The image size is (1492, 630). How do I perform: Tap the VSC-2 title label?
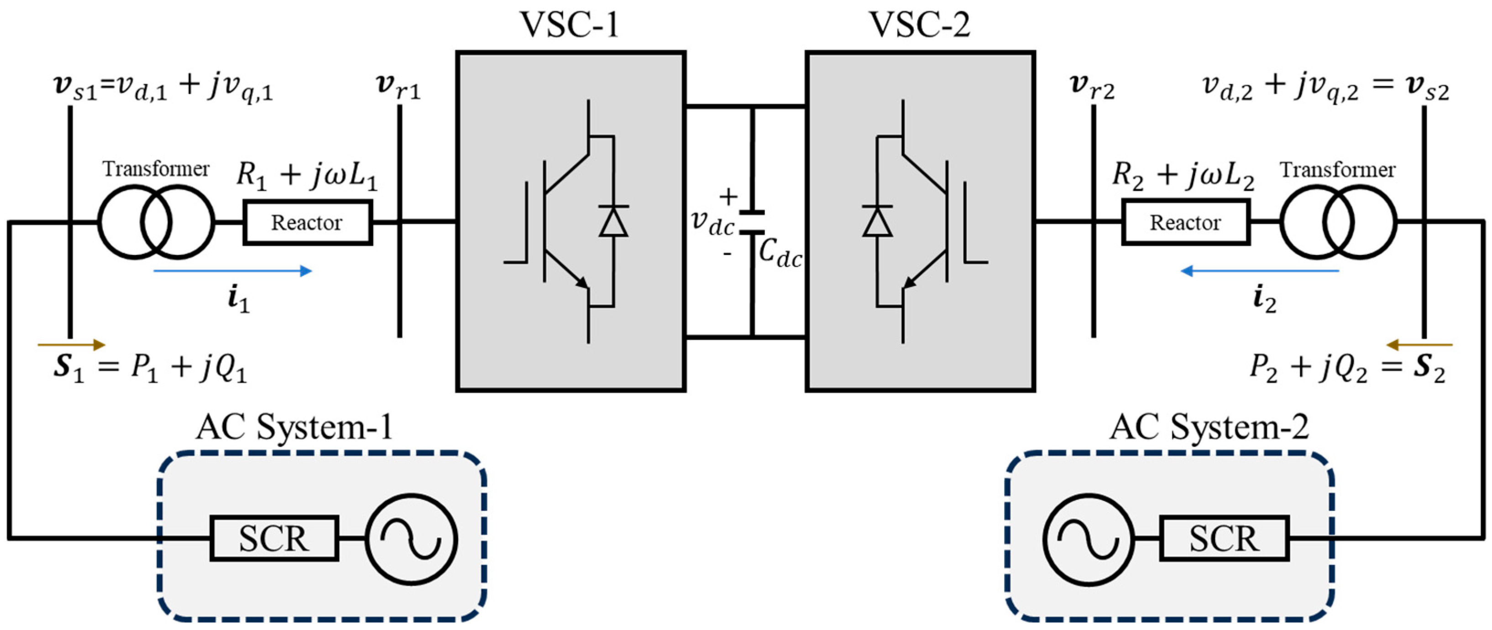pyautogui.click(x=919, y=24)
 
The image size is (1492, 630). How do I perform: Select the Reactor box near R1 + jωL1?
pyautogui.click(x=307, y=222)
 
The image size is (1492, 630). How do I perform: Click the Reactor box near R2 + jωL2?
pyautogui.click(x=1185, y=222)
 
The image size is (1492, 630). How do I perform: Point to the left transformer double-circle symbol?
pyautogui.click(x=156, y=222)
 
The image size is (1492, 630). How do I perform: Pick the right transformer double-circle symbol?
pyautogui.click(x=1338, y=222)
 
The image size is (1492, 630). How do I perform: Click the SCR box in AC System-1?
pyautogui.click(x=274, y=538)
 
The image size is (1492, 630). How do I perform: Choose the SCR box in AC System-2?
pyautogui.click(x=1224, y=538)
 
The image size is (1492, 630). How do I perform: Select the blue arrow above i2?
pyautogui.click(x=1260, y=271)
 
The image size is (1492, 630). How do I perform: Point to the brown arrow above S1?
pyautogui.click(x=71, y=345)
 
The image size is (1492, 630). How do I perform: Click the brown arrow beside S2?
pyautogui.click(x=1419, y=345)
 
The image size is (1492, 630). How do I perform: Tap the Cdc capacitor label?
pyautogui.click(x=780, y=254)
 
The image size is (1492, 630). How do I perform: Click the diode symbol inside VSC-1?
pyautogui.click(x=613, y=221)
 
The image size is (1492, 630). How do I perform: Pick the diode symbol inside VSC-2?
pyautogui.click(x=877, y=221)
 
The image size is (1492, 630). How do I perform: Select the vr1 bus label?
pyautogui.click(x=398, y=87)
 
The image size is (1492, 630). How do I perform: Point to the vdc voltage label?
pyautogui.click(x=712, y=222)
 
